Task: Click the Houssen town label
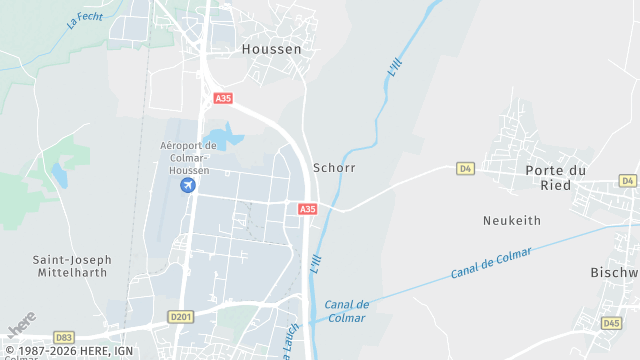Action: pos(272,47)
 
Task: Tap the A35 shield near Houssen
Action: pos(223,98)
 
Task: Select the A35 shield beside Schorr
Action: pos(307,209)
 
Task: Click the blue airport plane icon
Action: pos(187,185)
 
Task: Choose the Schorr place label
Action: pos(334,168)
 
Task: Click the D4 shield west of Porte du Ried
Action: pos(465,169)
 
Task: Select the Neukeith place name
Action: pos(511,220)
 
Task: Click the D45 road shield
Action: pos(612,323)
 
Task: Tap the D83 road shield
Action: pos(64,338)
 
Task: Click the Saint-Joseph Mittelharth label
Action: pos(72,265)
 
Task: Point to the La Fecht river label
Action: pos(86,18)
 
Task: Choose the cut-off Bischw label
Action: pos(614,272)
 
